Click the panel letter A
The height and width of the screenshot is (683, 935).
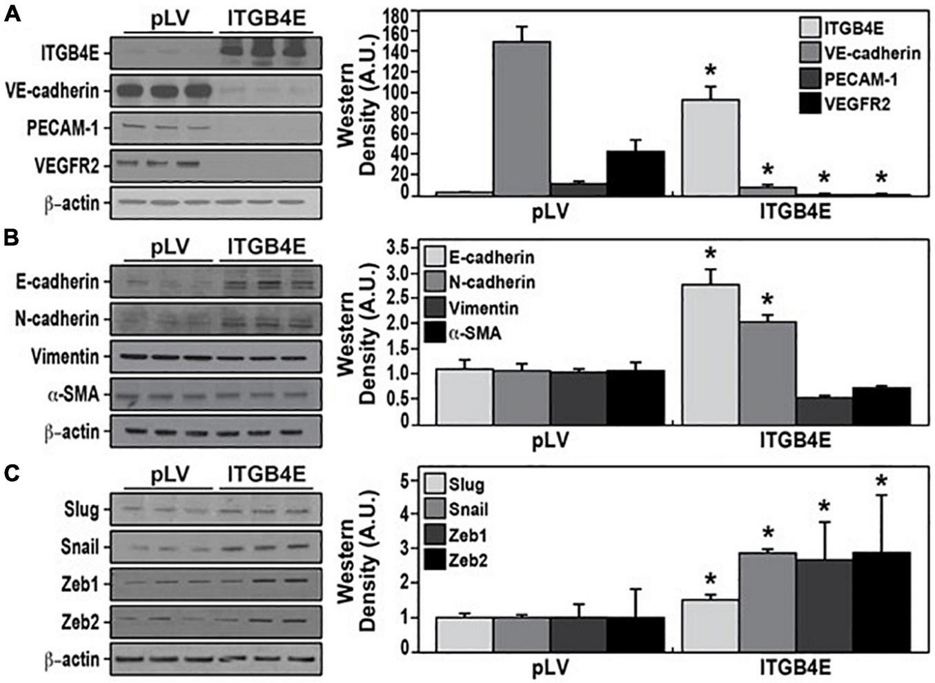click(12, 13)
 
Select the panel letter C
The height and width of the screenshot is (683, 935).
click(12, 473)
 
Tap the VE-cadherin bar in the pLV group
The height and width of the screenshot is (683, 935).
click(521, 118)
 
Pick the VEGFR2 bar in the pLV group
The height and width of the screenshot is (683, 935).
click(636, 173)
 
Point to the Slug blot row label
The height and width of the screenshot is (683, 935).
click(83, 511)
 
